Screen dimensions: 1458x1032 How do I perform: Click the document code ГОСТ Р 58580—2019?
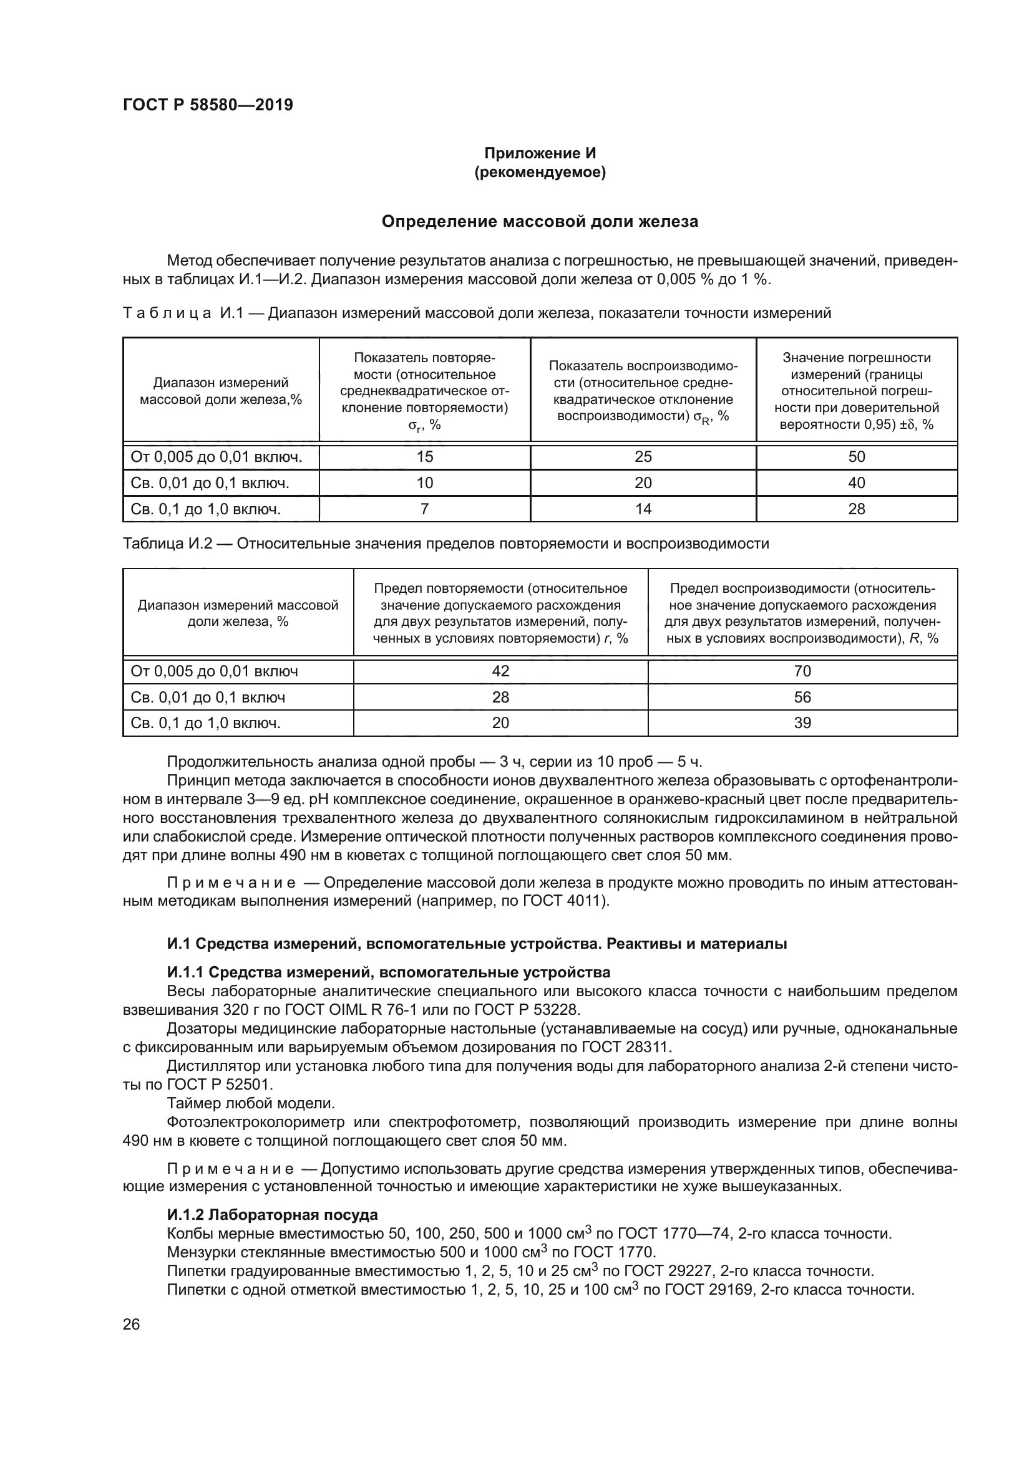[x=208, y=105]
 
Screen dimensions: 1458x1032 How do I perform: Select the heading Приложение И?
[x=540, y=153]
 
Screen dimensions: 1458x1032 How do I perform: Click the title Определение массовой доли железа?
[x=540, y=222]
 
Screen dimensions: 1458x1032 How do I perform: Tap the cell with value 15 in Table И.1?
[x=424, y=456]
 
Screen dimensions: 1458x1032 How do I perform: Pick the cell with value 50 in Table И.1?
[x=856, y=456]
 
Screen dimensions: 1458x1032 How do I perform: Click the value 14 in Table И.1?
[x=643, y=509]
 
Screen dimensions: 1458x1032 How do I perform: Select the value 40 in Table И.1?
[x=856, y=482]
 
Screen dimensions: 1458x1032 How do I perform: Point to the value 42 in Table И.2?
[x=500, y=671]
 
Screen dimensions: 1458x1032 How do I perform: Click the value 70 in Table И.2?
[x=802, y=671]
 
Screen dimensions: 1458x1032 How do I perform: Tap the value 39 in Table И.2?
[x=802, y=722]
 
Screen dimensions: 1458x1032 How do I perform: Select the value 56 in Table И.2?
[x=802, y=698]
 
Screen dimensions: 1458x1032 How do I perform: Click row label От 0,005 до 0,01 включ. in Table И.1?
[x=216, y=456]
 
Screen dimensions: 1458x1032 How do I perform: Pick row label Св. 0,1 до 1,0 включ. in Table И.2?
[x=205, y=722]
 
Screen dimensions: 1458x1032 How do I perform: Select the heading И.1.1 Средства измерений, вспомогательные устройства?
[x=388, y=972]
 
